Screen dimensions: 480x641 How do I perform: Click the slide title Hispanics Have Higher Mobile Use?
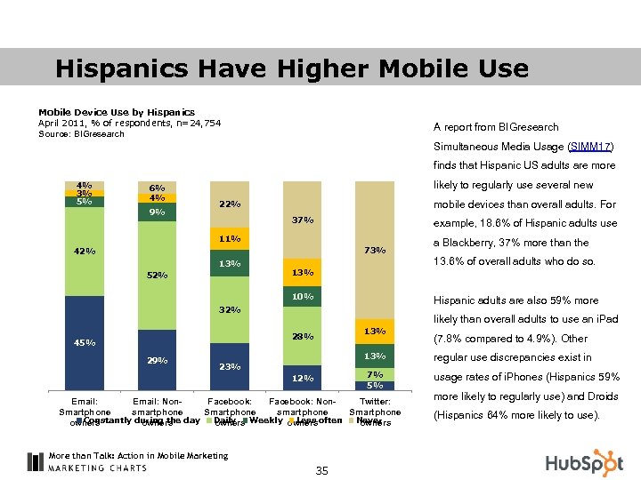click(291, 68)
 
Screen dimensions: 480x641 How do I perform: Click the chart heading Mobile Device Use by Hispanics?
click(117, 112)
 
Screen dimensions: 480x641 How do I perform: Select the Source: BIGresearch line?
click(81, 134)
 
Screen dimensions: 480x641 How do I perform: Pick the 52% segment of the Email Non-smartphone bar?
click(158, 275)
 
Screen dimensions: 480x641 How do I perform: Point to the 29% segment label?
click(158, 360)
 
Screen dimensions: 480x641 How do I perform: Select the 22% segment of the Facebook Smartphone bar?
click(230, 204)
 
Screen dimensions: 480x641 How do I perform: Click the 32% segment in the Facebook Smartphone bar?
click(230, 310)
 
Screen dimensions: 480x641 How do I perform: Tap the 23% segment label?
click(230, 366)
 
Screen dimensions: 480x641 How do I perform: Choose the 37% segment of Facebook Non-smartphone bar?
click(303, 220)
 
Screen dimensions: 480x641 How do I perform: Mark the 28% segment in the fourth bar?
click(303, 337)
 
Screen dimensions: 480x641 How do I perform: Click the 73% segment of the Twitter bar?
click(375, 251)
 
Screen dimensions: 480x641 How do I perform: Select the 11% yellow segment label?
click(230, 239)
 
